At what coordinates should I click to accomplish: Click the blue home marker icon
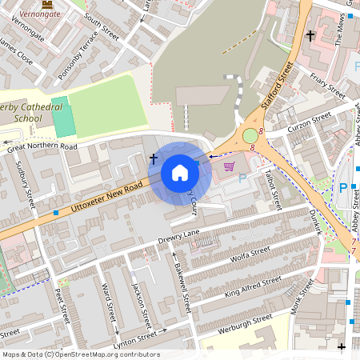180,172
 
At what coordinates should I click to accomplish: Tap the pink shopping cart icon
230,166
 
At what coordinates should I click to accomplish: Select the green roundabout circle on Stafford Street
250,136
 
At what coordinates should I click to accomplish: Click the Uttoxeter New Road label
106,197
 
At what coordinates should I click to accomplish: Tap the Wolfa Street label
249,253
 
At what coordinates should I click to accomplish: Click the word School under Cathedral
28,119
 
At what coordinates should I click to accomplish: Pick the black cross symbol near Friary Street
310,35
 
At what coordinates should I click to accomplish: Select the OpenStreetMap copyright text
80,354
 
